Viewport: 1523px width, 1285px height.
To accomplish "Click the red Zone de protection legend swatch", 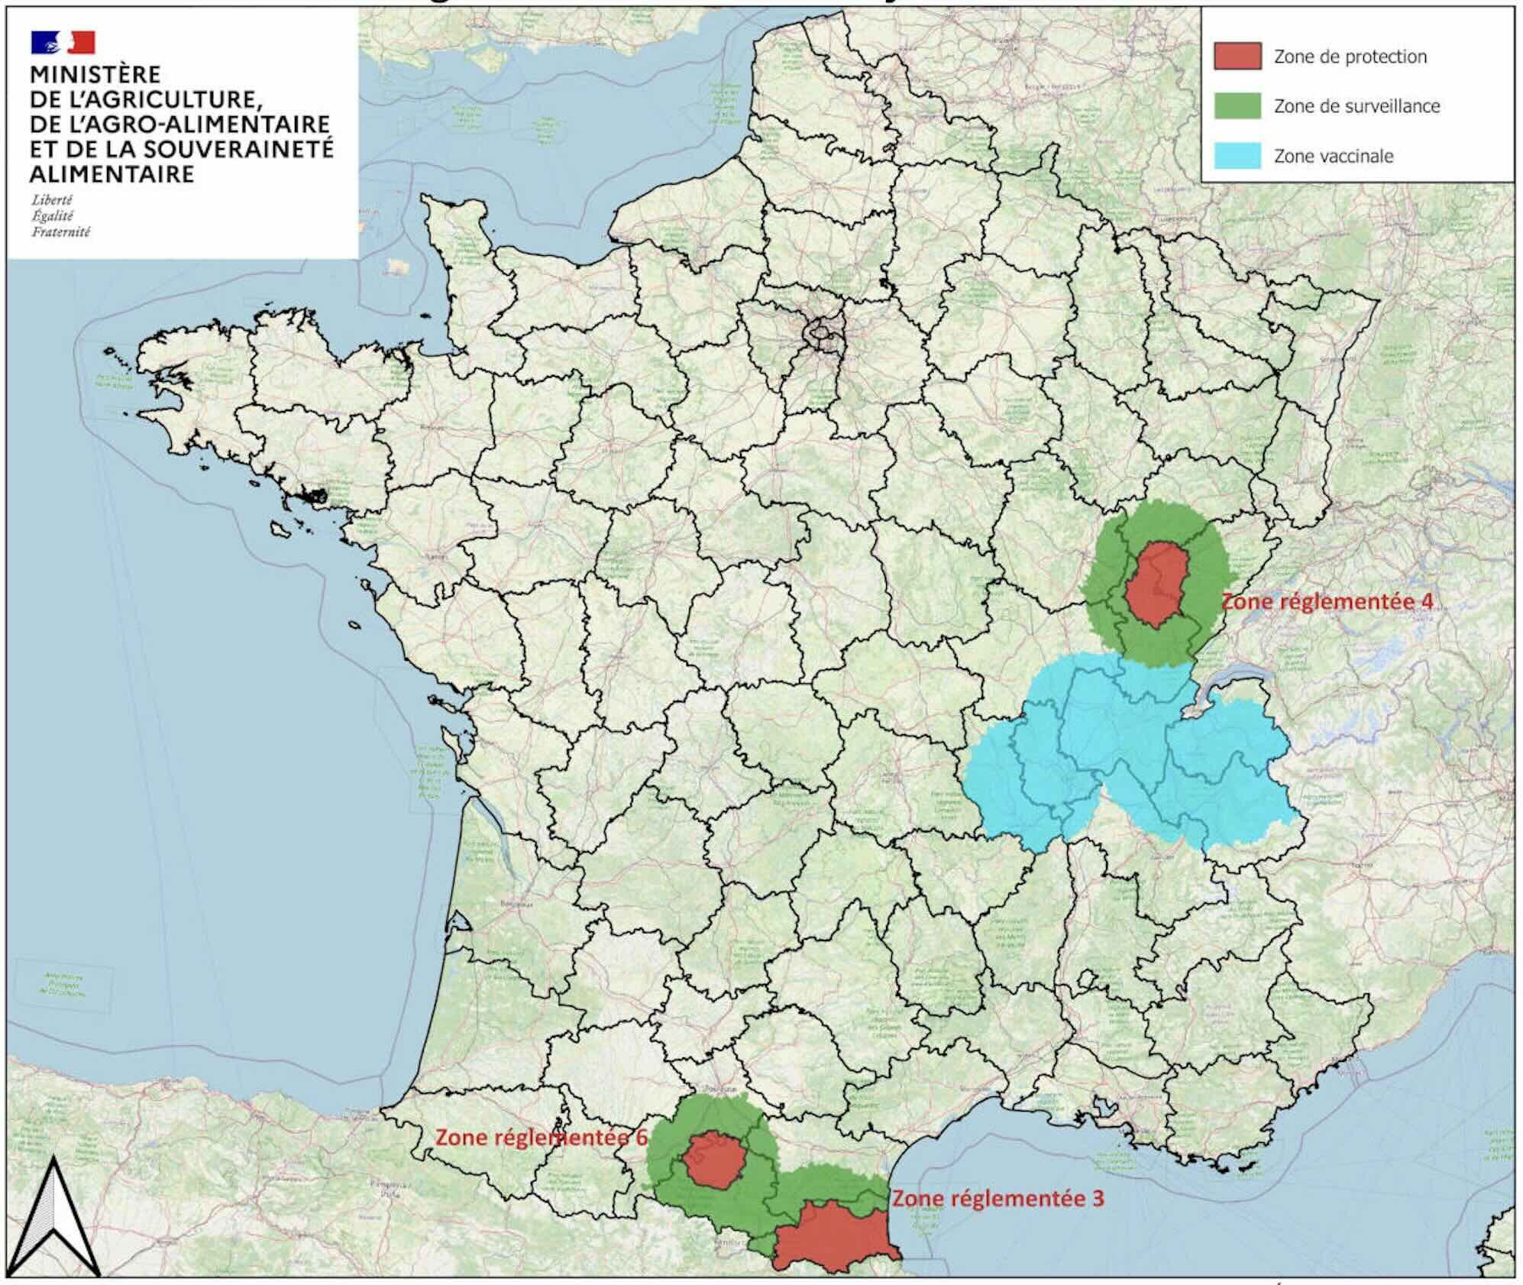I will pos(1237,57).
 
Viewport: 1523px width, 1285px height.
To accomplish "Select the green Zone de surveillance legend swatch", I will pos(1237,106).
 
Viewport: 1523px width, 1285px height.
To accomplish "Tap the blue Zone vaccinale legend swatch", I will pos(1237,156).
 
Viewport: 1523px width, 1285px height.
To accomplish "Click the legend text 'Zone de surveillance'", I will pos(1356,106).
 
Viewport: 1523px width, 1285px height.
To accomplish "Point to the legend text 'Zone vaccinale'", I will pos(1333,157).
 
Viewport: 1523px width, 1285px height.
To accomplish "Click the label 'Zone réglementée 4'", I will pos(1326,601).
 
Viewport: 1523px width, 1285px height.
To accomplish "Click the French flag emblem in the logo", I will pos(63,42).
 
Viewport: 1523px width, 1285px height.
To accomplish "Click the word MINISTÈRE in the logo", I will pos(95,75).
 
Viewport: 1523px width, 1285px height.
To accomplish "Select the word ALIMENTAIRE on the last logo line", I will pos(112,174).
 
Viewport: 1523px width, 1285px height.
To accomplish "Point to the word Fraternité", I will pos(61,231).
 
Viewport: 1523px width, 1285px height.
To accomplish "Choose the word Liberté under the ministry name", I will pos(52,200).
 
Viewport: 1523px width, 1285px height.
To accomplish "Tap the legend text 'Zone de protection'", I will pos(1350,57).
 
